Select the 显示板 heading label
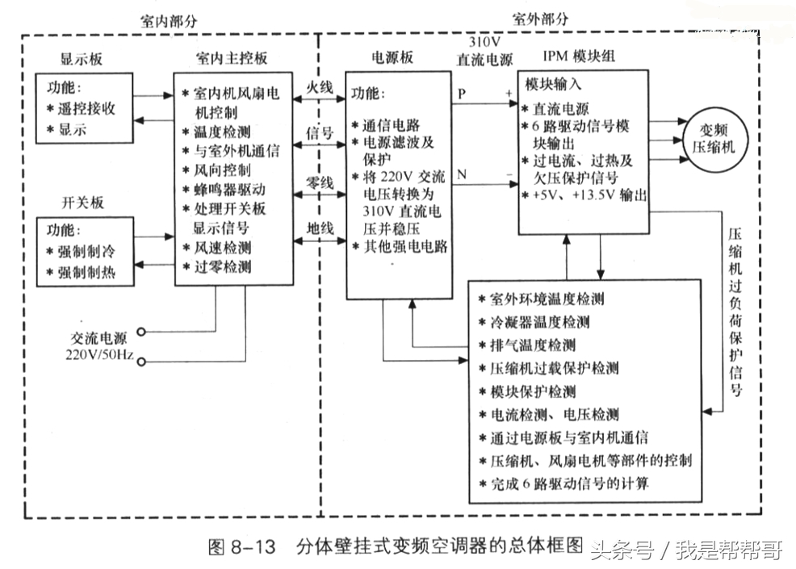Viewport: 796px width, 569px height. pyautogui.click(x=82, y=61)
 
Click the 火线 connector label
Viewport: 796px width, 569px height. pyautogui.click(x=317, y=87)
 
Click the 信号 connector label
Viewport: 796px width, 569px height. pyautogui.click(x=317, y=132)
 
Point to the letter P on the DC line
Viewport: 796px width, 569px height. pyautogui.click(x=461, y=94)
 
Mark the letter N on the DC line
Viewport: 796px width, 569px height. pyautogui.click(x=461, y=174)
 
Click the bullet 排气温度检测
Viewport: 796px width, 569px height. pyautogui.click(x=532, y=345)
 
